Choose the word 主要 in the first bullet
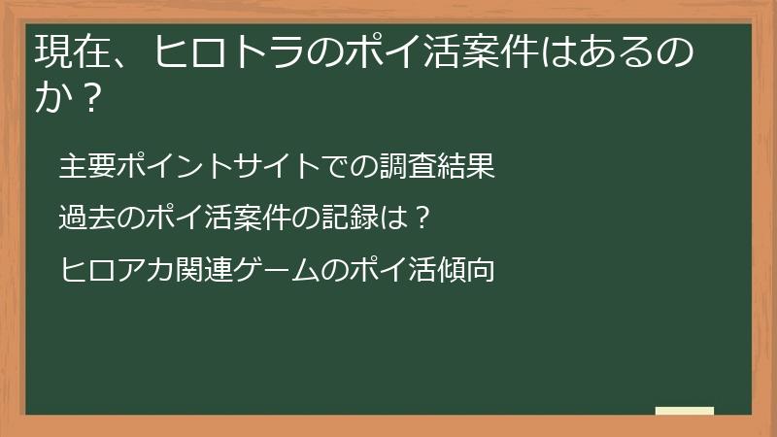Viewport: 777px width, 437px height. [x=86, y=166]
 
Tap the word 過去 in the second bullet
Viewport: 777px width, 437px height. [x=86, y=217]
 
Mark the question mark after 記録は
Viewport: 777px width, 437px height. [x=421, y=217]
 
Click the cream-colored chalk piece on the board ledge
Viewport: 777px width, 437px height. [x=684, y=410]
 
